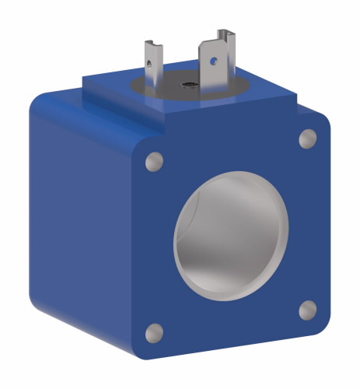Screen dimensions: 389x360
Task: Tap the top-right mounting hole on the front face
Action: tap(308, 138)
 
